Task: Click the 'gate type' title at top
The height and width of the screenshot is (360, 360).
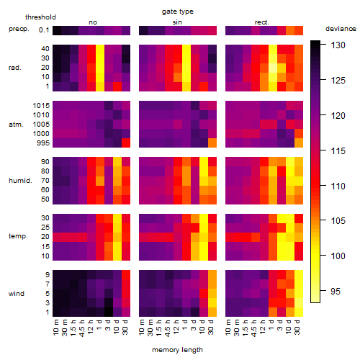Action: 178,12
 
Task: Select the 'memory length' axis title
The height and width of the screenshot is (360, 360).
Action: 177,350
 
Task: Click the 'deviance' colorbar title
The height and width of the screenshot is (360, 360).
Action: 341,29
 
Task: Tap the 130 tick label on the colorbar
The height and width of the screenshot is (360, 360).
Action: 338,45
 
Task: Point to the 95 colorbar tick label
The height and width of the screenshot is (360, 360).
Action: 336,291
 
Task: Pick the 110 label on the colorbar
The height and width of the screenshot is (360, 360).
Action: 338,186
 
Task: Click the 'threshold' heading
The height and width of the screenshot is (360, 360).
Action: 40,17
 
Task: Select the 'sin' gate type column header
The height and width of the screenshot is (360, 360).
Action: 177,22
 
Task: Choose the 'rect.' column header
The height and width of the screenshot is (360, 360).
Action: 261,22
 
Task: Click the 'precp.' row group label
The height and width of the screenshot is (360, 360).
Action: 19,29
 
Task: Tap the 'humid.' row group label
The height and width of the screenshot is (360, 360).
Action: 20,180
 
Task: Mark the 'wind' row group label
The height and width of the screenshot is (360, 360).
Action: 17,293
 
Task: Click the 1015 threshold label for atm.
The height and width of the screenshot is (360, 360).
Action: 41,105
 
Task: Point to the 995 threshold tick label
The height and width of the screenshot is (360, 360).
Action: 43,143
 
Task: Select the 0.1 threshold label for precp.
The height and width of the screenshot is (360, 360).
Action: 44,30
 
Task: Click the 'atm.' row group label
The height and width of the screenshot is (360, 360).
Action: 16,125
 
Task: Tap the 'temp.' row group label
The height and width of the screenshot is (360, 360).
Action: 18,236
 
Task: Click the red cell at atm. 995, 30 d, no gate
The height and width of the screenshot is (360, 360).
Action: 126,143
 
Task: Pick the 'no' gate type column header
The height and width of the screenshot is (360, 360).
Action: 93,22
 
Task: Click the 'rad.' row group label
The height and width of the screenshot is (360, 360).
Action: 15,68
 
